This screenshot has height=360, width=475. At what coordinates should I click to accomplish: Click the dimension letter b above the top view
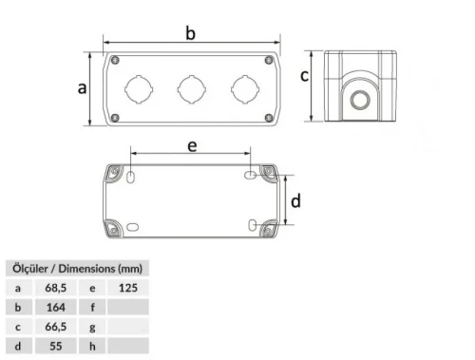click(x=191, y=33)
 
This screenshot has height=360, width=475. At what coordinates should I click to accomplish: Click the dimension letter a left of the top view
click(x=82, y=87)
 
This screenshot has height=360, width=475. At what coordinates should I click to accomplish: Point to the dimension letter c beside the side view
click(x=305, y=76)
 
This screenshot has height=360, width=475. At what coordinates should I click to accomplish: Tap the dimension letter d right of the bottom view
click(x=295, y=200)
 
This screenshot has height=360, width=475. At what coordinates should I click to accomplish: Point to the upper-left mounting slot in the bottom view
click(x=132, y=176)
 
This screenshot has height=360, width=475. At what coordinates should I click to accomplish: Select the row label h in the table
click(x=93, y=347)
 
